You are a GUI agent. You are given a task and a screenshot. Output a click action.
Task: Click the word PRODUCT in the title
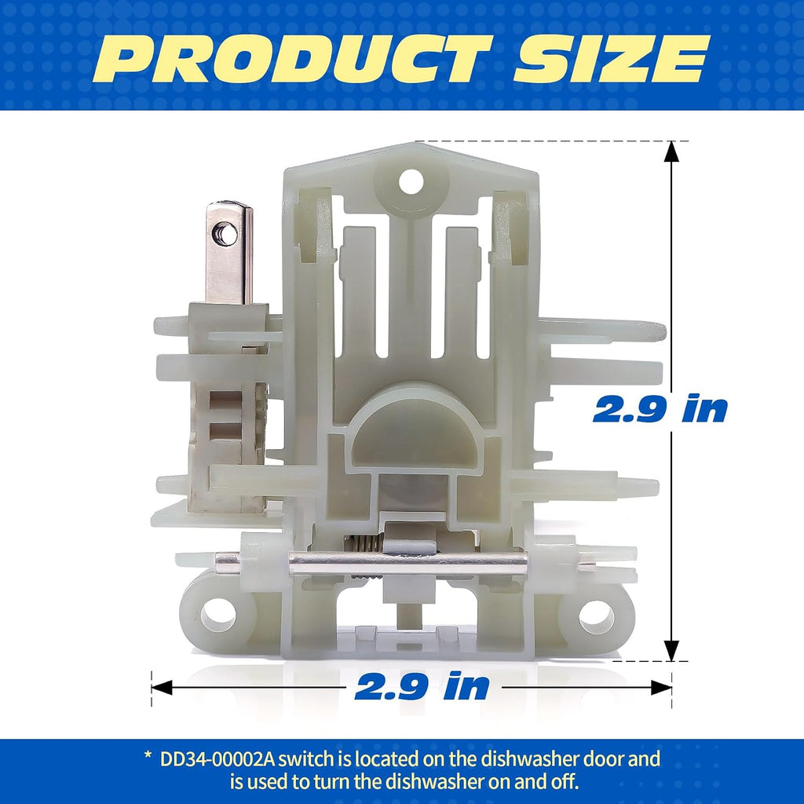[x=294, y=59]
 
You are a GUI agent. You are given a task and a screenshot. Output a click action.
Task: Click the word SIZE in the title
[x=612, y=59]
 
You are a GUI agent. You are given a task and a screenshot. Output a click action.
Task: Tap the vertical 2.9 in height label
[x=660, y=408]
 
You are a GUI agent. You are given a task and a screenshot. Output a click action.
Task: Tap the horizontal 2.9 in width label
[x=422, y=685]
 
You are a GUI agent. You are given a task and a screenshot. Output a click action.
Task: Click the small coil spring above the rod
[x=365, y=543]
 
